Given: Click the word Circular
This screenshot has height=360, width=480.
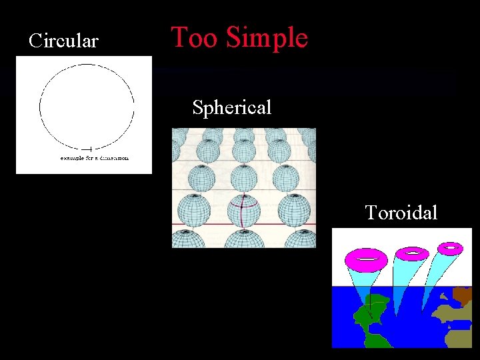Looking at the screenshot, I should coord(63,41).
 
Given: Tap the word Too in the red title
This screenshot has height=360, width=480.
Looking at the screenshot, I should coord(195,38).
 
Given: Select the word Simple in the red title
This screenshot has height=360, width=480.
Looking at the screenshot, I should coord(266,38).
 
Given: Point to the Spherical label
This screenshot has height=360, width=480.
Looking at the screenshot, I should coord(231,107).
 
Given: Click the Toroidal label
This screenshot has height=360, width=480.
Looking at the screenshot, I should coord(401,213).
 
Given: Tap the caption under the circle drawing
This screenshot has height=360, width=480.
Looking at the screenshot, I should coord(94,158).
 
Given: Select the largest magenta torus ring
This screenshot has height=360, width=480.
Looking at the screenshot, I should coord(366,257).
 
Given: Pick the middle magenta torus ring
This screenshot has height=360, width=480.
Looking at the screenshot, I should coord(413,253).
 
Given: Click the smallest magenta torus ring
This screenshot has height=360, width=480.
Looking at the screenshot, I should coord(451,248).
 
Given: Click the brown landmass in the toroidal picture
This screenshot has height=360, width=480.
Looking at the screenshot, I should coord(462,295).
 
